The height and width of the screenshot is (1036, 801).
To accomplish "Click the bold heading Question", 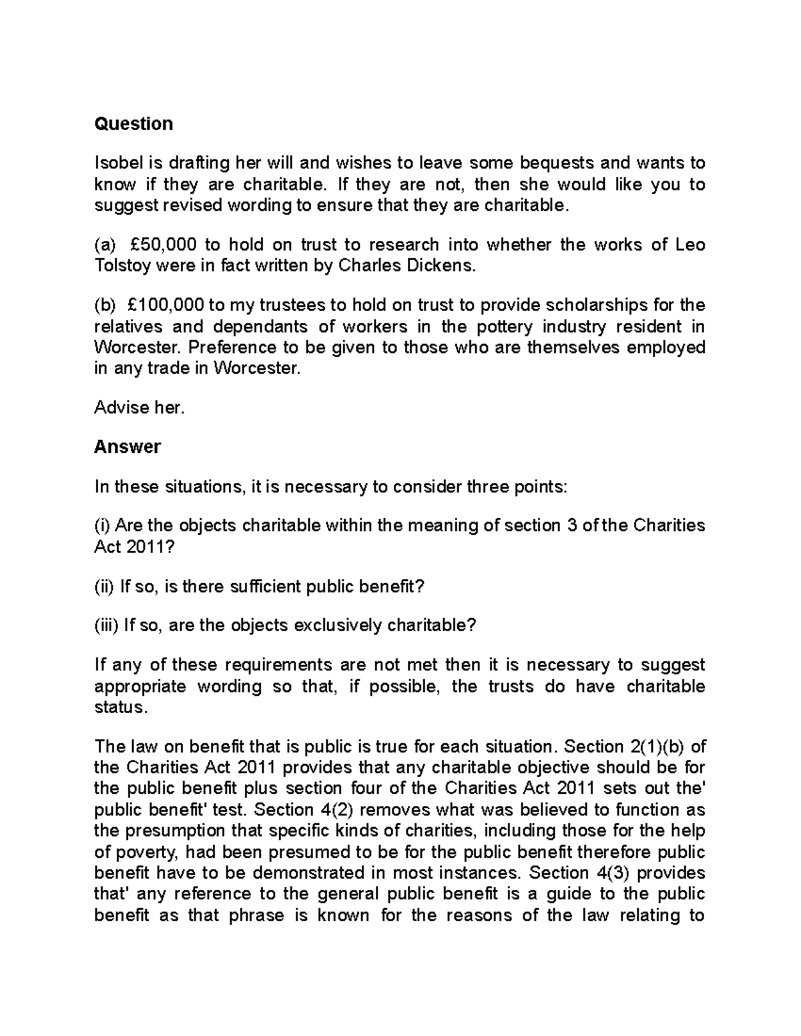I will click(133, 123).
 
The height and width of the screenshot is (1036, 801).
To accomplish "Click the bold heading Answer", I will click(127, 446).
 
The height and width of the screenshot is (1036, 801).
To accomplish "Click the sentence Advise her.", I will click(139, 407).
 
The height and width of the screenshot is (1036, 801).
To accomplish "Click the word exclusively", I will click(338, 625).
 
